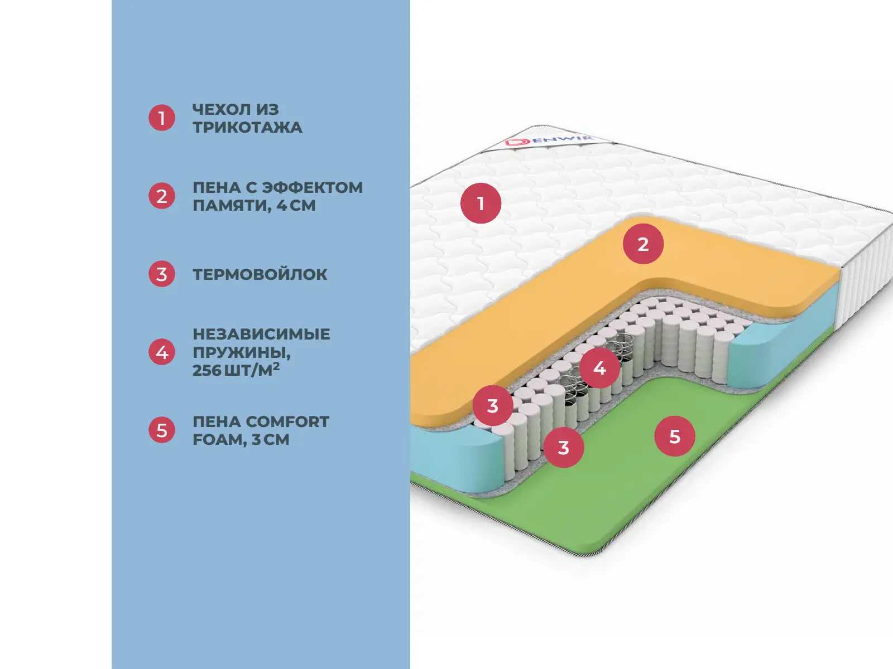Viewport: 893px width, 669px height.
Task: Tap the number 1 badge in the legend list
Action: click(x=162, y=118)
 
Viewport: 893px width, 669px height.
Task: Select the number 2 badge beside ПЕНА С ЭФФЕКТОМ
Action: click(x=162, y=196)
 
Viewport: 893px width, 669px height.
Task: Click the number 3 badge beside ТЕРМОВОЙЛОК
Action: click(x=162, y=274)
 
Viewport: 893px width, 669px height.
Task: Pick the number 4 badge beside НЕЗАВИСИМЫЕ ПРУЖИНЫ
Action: click(x=162, y=352)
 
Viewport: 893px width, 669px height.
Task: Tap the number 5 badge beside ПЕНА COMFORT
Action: click(x=162, y=430)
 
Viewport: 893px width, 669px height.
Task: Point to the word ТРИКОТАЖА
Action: click(x=247, y=128)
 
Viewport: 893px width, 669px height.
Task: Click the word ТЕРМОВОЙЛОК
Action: click(x=260, y=274)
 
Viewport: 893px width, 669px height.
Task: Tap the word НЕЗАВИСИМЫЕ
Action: click(x=261, y=334)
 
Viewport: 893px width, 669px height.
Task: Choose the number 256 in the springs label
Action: click(x=207, y=370)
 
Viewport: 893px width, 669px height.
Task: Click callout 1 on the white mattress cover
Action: click(x=481, y=203)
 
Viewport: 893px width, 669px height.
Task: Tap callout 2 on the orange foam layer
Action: click(x=643, y=244)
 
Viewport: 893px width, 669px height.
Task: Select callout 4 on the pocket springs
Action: click(x=599, y=368)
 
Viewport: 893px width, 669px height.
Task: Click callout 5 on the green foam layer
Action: click(x=675, y=437)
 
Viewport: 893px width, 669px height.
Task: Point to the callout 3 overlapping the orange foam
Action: click(x=492, y=406)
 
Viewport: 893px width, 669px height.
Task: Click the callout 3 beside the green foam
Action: click(x=564, y=447)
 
